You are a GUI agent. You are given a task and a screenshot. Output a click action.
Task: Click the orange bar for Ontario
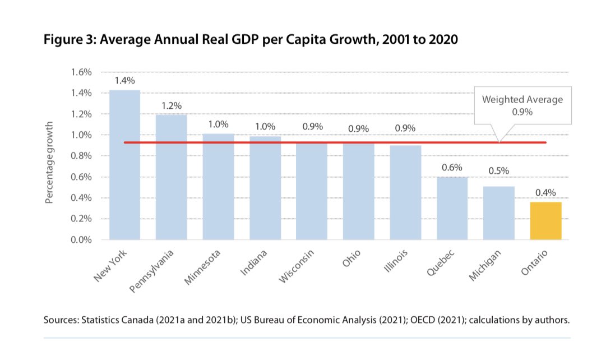(545, 221)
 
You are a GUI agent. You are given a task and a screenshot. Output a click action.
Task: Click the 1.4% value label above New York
(124, 81)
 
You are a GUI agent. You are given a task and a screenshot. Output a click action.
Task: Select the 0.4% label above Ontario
(545, 193)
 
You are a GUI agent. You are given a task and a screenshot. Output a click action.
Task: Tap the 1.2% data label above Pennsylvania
(172, 105)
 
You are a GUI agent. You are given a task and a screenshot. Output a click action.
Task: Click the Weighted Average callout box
(522, 105)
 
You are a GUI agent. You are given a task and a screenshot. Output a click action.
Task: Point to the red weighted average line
(336, 142)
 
